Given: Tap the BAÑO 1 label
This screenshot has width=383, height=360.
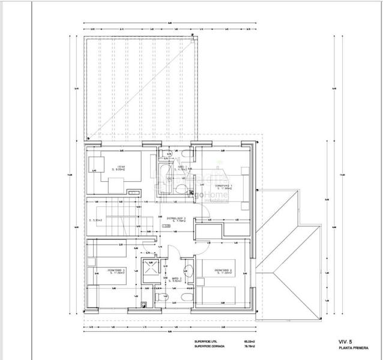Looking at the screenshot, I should [x=182, y=167].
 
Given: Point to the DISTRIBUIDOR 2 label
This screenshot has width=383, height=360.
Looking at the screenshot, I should [x=176, y=218].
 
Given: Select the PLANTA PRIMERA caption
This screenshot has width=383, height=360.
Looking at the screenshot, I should [x=351, y=347].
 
